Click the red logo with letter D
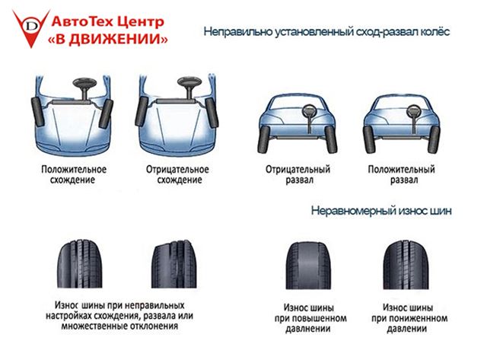point(31,28)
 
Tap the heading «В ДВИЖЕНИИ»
point(108,39)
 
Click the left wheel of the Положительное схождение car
point(37,112)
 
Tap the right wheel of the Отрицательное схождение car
point(212,113)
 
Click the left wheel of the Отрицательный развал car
point(263,139)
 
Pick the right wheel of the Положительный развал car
point(434,140)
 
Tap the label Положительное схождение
point(74,174)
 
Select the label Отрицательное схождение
point(177,174)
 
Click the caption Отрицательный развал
point(298,174)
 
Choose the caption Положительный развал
point(401,174)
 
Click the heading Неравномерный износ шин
point(381,211)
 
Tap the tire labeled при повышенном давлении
point(308,266)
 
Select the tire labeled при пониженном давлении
point(406,265)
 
